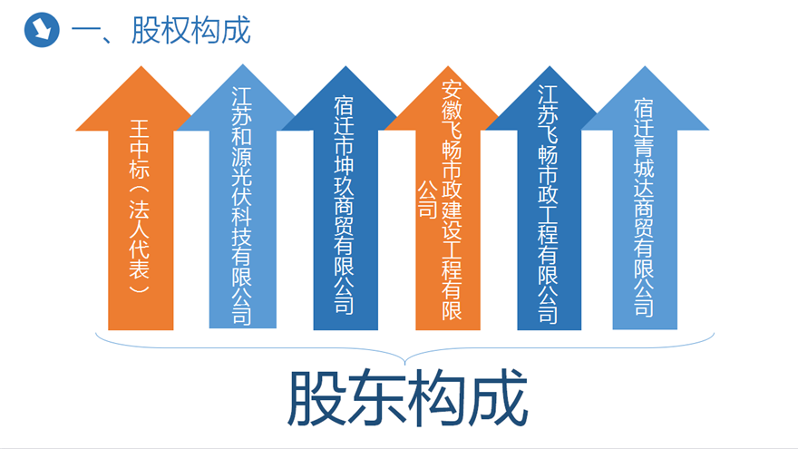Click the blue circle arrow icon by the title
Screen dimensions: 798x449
pos(42,30)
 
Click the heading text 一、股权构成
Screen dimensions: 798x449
pos(161,30)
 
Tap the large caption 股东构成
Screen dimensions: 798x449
pos(407,397)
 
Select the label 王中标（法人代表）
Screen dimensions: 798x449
pos(140,206)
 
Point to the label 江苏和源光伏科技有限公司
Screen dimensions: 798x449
pos(242,205)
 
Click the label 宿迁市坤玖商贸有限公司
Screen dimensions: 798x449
pos(344,205)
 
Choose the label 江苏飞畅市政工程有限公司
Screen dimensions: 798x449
pos(548,203)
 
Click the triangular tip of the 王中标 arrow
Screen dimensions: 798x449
pos(141,67)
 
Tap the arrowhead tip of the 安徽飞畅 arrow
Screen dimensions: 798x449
pos(448,67)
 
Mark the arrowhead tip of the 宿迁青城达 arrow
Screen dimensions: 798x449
pos(646,67)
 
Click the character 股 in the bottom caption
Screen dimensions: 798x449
pos(317,397)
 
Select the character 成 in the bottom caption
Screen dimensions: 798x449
pos(498,397)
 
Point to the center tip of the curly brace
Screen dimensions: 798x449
pos(405,363)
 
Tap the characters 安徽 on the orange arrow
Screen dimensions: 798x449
pos(452,99)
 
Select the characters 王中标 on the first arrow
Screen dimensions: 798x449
pos(140,149)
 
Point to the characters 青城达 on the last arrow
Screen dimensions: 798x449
pos(644,168)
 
